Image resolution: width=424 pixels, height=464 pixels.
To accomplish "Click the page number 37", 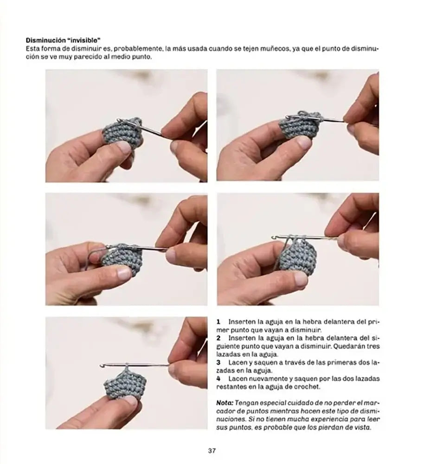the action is [x=212, y=451].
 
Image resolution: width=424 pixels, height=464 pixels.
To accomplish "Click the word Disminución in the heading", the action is [x=45, y=40].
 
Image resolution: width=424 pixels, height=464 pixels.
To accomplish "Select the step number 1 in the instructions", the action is [x=218, y=322].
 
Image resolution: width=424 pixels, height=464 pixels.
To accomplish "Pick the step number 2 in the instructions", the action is [x=218, y=338].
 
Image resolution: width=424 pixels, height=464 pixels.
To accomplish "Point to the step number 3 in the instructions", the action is [x=218, y=362].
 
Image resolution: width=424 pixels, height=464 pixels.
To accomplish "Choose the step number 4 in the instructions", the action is [x=218, y=379].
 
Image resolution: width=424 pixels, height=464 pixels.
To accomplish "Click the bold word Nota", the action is [x=225, y=403].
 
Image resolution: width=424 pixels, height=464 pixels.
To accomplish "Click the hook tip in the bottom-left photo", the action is [x=102, y=366].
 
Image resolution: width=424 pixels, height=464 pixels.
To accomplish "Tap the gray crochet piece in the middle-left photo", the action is [x=122, y=260].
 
